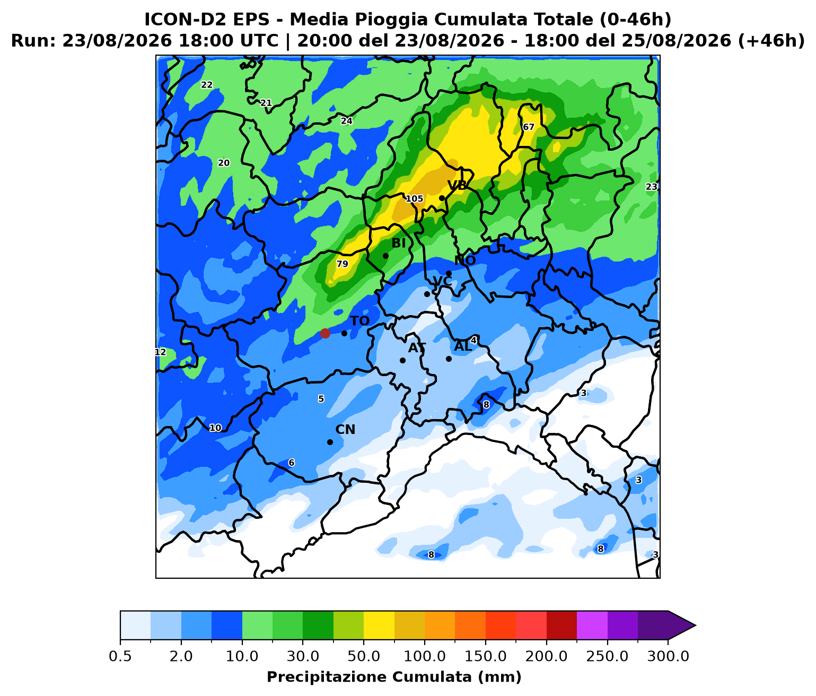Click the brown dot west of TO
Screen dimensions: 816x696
point(325,333)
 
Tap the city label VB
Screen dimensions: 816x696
point(457,185)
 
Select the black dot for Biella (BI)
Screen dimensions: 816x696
point(385,256)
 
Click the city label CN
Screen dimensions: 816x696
point(345,429)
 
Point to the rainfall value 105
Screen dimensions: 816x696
point(415,199)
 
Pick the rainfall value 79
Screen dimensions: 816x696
point(343,264)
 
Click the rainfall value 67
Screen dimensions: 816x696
point(528,127)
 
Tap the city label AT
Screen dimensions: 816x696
point(417,348)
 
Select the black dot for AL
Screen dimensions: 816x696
point(449,359)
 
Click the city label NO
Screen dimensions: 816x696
point(464,260)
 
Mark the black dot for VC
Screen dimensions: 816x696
point(427,294)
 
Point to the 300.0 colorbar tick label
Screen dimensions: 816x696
point(668,656)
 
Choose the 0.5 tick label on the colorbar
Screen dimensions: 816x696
point(120,656)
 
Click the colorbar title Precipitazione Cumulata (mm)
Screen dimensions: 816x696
point(394,677)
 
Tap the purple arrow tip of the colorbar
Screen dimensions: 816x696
point(695,625)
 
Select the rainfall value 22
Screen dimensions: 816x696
point(207,85)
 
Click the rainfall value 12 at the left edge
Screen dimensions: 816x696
point(161,352)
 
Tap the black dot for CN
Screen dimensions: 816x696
point(330,442)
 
